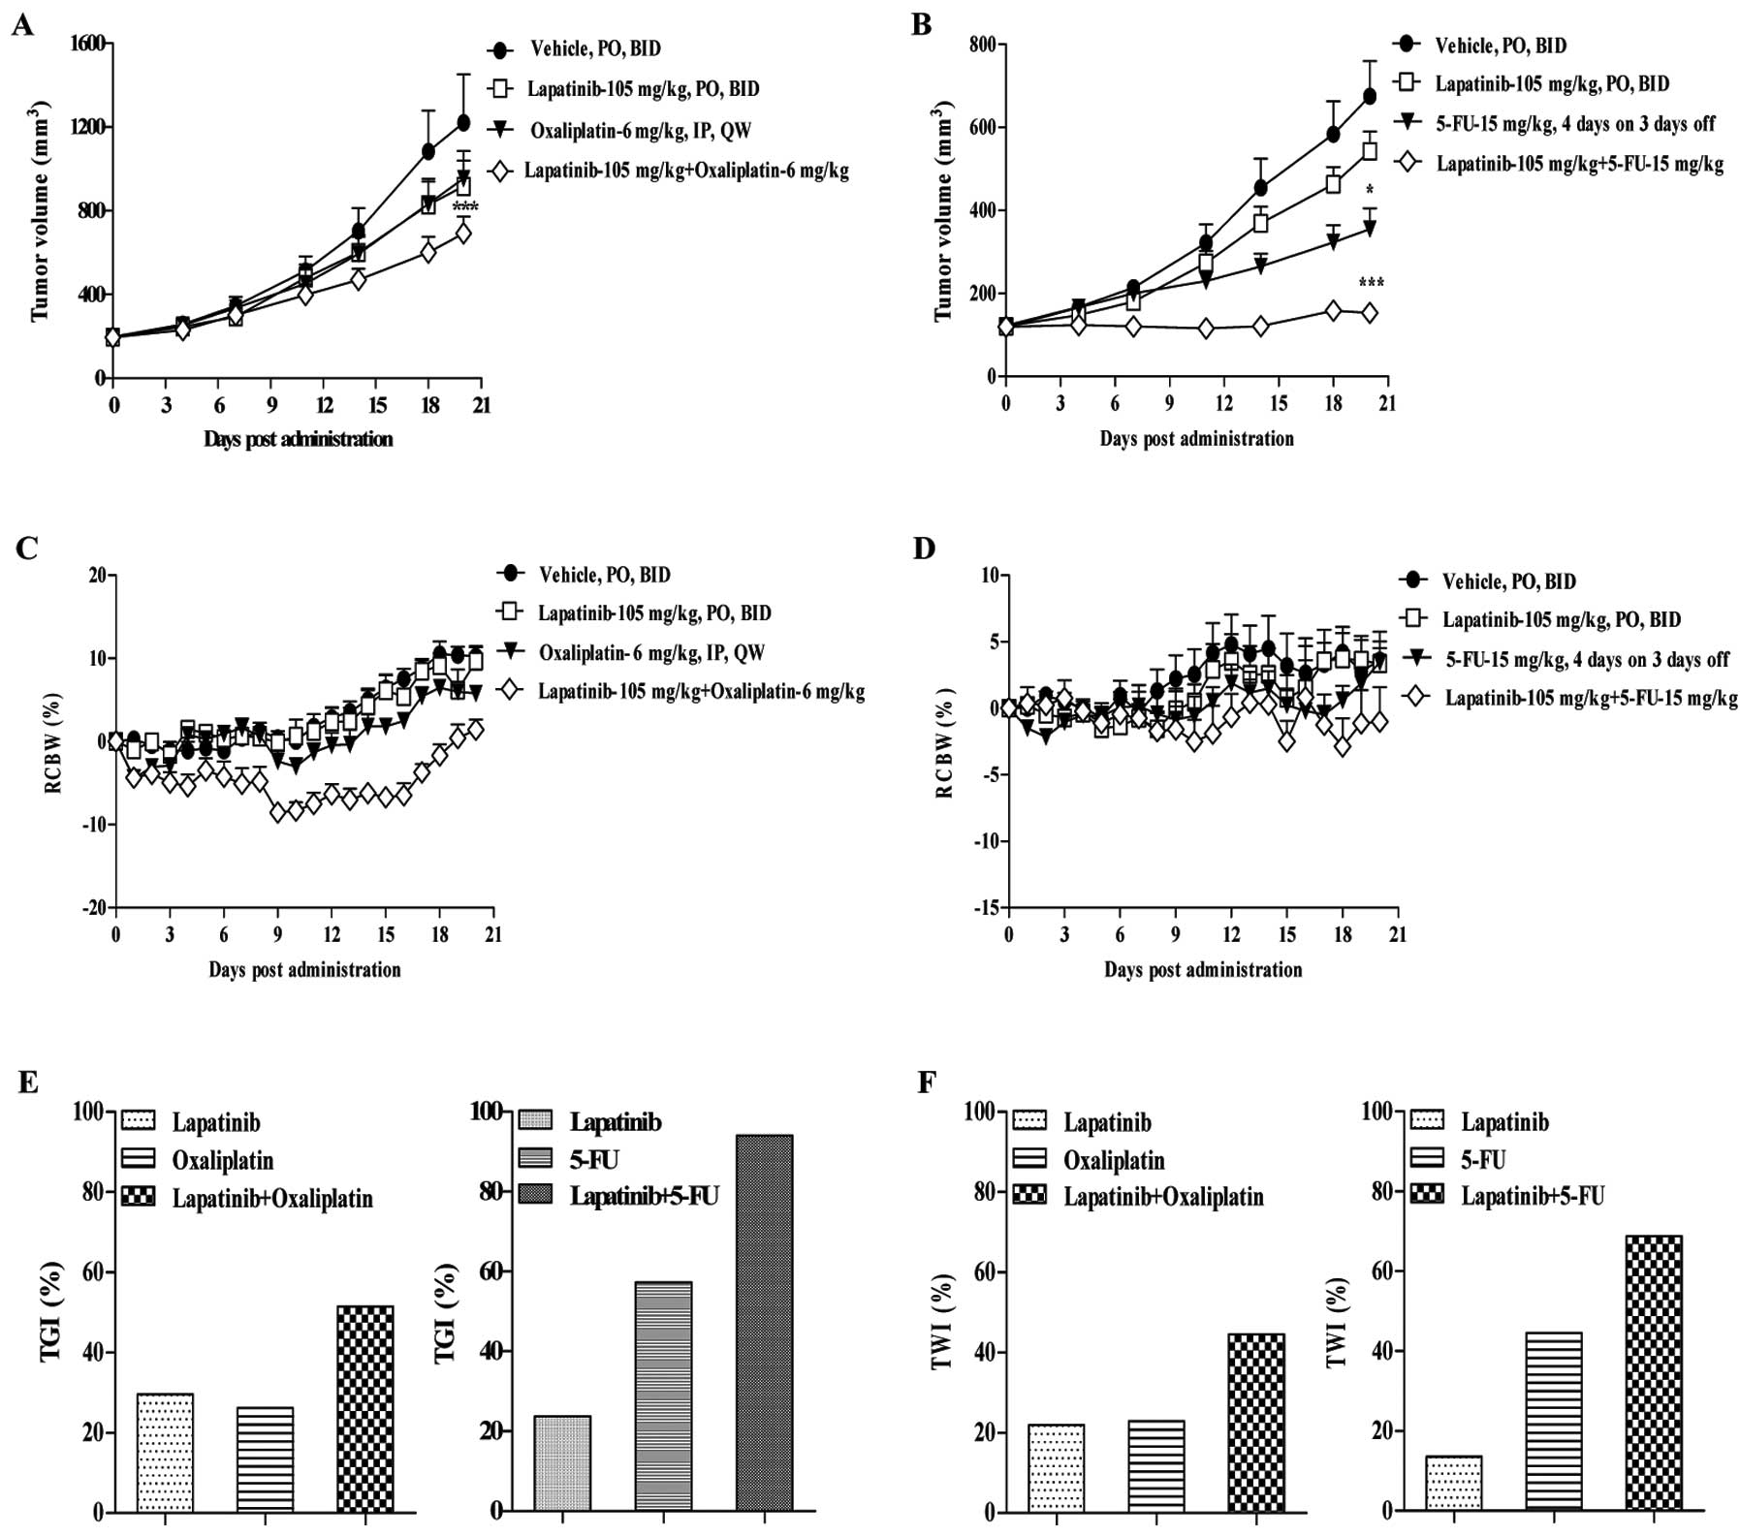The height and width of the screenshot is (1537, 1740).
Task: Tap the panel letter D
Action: tap(924, 549)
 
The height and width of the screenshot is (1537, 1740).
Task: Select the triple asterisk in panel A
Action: tap(465, 207)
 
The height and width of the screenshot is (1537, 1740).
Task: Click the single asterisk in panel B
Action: tap(1370, 190)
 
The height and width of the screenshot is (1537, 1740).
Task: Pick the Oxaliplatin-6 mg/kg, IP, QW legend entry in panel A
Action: tap(640, 130)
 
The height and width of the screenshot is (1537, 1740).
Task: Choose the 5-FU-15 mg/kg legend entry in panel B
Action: tap(1574, 123)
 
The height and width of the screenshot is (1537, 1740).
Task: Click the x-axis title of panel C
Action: tap(304, 969)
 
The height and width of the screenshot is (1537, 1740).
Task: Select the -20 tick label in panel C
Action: tap(94, 908)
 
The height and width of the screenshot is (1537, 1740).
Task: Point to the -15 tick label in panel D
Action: tap(986, 908)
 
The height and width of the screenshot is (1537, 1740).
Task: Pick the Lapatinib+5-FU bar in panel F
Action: tap(1654, 1373)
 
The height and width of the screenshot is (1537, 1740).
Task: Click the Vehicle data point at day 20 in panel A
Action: tap(463, 122)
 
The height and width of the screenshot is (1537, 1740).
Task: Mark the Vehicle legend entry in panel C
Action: tap(604, 575)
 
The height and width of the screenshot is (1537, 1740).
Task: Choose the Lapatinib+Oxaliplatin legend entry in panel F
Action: tap(1162, 1197)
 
